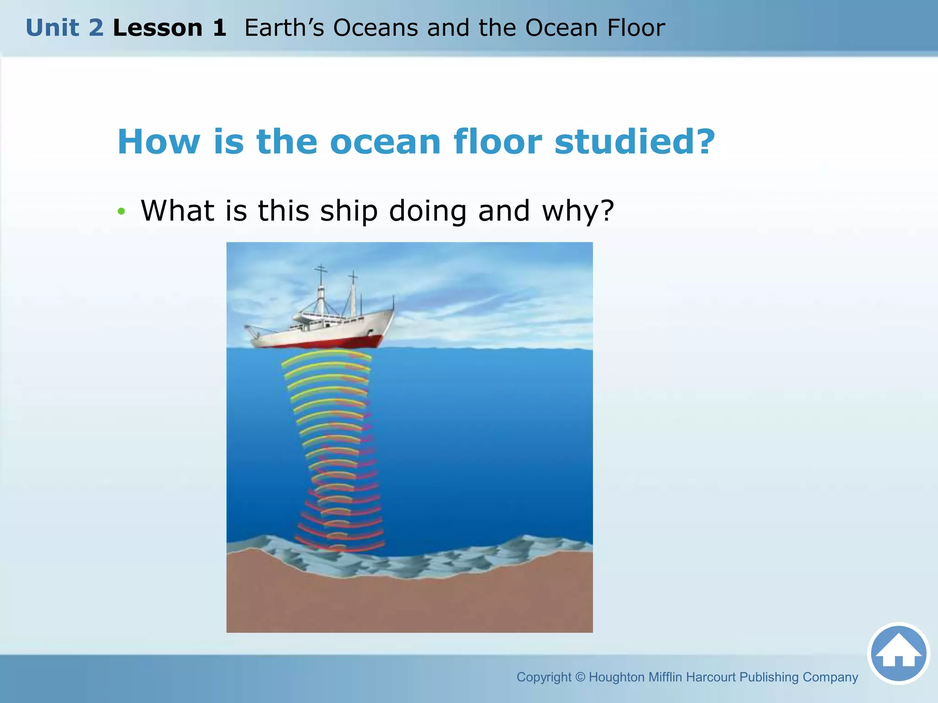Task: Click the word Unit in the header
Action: (52, 28)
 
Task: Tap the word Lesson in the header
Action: (157, 28)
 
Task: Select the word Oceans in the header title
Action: (375, 28)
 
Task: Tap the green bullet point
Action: (121, 211)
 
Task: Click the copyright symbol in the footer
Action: (580, 677)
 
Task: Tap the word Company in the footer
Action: (830, 677)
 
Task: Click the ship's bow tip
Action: (393, 312)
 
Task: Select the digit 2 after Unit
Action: (96, 28)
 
